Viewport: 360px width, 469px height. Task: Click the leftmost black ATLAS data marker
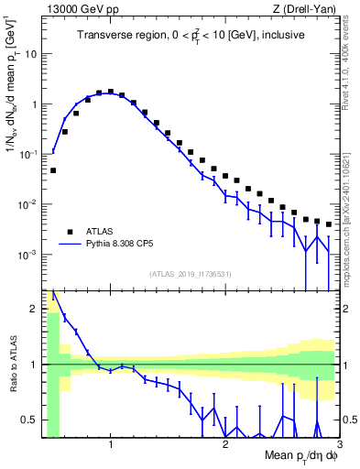[x=53, y=170]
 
